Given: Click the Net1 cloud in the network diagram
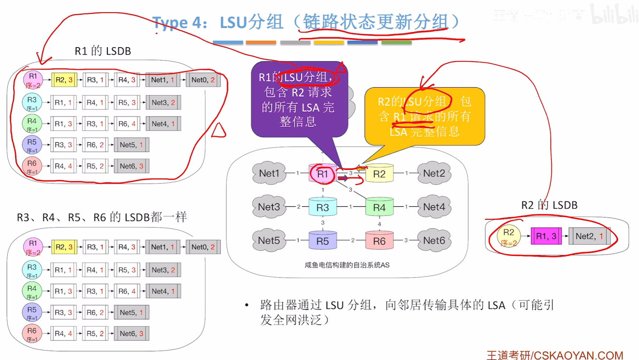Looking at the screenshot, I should pos(269,173).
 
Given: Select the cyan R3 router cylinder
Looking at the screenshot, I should pos(323,207).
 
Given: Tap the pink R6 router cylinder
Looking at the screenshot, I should pos(379,241).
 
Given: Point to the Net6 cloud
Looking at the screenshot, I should pos(434,240).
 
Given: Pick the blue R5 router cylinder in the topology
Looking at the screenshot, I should pos(323,241).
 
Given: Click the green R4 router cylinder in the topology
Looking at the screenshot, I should pos(379,207).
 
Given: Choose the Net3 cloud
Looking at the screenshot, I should pos(269,207).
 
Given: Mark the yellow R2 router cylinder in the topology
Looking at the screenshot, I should pos(379,174).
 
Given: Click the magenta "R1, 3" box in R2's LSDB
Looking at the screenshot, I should pos(546,236).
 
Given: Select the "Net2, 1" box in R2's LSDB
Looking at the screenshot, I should pos(589,236).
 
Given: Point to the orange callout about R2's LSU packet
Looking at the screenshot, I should pos(425,116).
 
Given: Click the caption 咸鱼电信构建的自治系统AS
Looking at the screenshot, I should pos(347,265).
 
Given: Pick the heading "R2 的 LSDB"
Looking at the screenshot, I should pos(549,205).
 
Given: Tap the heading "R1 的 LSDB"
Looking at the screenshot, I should pos(103,51).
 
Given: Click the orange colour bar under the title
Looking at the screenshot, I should pos(261,43).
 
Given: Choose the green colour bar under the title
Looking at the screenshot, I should pos(396,43).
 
